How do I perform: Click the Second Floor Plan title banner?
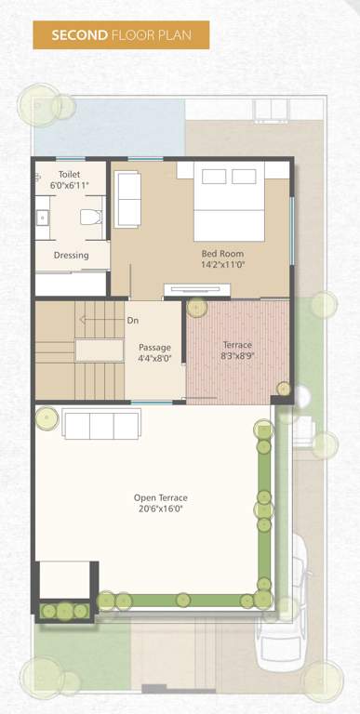coord(121,35)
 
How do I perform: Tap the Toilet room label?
coord(69,175)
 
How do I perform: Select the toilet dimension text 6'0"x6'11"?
coord(69,186)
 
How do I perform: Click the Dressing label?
coord(71,255)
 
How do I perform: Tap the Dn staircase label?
coord(133,321)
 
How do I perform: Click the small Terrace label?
coord(237,345)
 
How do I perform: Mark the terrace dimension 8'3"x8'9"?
coord(237,356)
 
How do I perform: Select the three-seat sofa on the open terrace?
coord(101,424)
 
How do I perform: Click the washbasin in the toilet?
coord(41,218)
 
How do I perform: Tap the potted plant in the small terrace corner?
coord(196,308)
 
